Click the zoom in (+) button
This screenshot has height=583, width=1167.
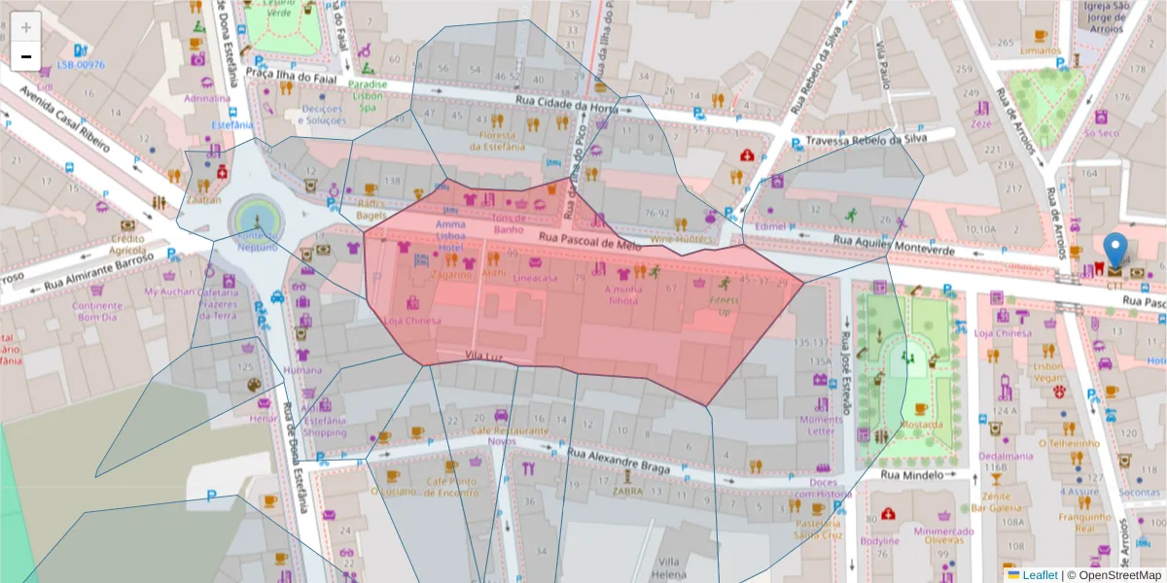[x=25, y=27]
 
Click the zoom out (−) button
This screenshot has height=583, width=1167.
[x=25, y=56]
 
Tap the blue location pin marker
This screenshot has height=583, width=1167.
[x=1115, y=250]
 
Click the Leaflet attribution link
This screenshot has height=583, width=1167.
[x=1040, y=575]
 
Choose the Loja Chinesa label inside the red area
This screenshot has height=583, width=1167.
[x=412, y=321]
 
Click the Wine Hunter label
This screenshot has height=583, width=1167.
[x=681, y=238]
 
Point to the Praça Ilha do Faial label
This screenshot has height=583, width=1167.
[x=287, y=73]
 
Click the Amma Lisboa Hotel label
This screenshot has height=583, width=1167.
[x=450, y=236]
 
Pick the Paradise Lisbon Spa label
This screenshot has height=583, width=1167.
[x=369, y=95]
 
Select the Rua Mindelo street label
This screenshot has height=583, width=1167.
[x=911, y=475]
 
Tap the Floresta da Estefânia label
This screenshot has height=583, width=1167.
[x=497, y=141]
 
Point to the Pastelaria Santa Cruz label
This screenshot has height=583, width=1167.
[x=818, y=529]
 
